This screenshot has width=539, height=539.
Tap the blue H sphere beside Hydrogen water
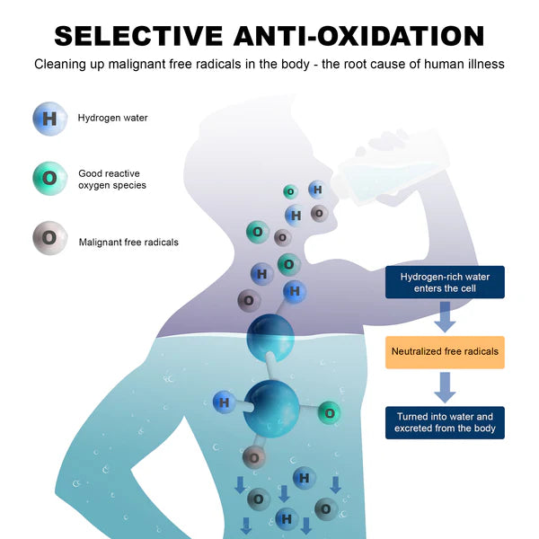pos(49,118)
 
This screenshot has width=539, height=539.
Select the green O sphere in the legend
pos(49,178)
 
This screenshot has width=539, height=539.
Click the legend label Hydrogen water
pos(112,118)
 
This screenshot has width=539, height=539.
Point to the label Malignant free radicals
pos(128,242)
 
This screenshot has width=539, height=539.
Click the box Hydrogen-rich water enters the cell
pos(445,282)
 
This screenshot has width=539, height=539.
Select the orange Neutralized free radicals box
pos(445,352)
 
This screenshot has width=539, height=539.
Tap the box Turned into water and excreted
pos(445,422)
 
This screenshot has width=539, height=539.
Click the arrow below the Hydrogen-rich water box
pos(445,317)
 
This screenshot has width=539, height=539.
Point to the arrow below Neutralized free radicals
pos(445,387)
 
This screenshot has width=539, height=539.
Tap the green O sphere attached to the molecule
pos(329,413)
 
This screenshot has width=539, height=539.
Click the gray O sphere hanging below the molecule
pos(254,456)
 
